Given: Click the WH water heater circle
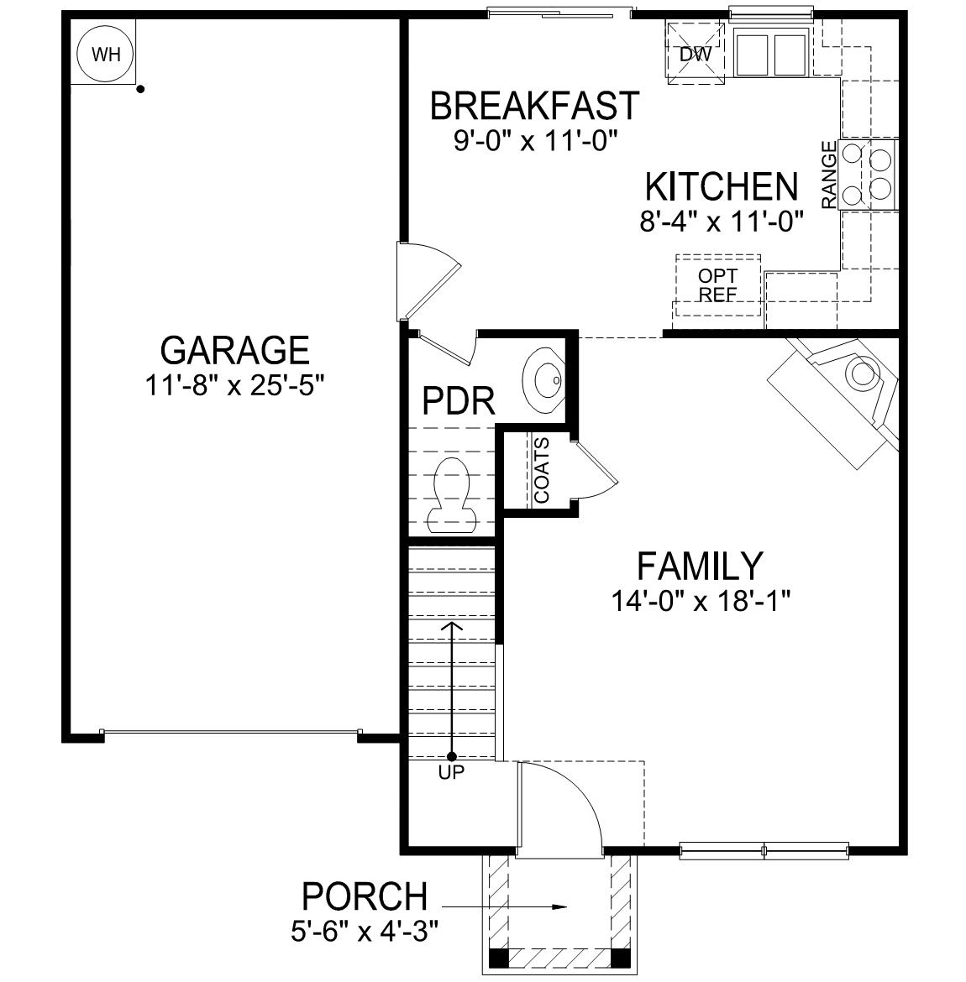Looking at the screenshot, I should tap(106, 55).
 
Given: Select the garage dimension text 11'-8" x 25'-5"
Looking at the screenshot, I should tap(234, 386).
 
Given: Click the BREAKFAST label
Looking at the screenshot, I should tap(534, 107).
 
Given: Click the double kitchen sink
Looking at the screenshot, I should tap(770, 55).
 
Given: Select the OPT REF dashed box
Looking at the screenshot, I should tap(718, 285).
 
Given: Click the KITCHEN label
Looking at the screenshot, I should tap(721, 186).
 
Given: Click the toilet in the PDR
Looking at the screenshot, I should tap(451, 495).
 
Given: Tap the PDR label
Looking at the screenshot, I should tap(458, 402).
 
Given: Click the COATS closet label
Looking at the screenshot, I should tap(542, 471).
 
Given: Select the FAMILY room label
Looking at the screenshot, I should tap(699, 567).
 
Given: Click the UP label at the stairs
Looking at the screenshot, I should tap(451, 773).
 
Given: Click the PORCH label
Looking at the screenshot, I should tap(364, 896).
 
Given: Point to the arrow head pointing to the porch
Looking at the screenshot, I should tap(559, 906).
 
